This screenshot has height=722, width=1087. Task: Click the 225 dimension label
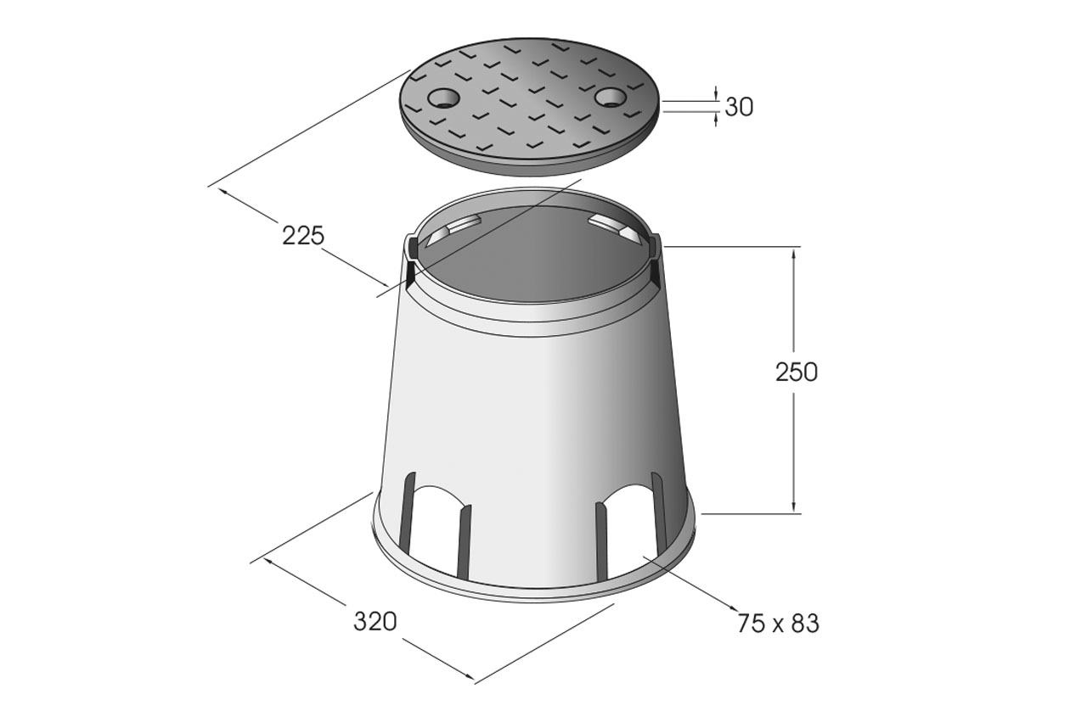303,236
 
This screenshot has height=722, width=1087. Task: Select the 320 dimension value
375,622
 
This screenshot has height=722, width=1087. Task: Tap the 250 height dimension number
797,372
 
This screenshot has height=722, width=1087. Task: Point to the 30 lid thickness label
739,107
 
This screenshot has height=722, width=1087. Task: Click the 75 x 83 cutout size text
778,624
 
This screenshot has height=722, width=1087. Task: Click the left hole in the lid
443,98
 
